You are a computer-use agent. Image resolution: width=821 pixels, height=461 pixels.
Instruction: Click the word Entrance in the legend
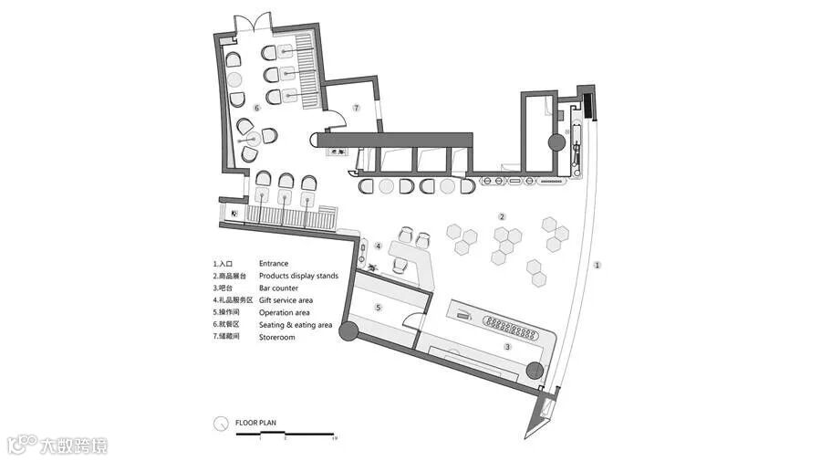pos(274,263)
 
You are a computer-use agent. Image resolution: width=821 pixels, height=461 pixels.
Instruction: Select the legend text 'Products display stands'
pos(298,276)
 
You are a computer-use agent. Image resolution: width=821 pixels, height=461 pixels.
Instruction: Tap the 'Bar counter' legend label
pos(278,288)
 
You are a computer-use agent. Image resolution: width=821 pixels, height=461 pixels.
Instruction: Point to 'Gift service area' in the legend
pos(286,300)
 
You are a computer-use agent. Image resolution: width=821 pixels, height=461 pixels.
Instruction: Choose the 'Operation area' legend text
pos(284,313)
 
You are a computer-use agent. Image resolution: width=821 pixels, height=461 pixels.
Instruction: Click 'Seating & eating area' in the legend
pos(295,325)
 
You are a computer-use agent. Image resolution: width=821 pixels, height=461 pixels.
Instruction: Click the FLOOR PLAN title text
pos(255,424)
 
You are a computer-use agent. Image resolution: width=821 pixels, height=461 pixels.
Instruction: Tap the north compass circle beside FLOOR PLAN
pos(220,424)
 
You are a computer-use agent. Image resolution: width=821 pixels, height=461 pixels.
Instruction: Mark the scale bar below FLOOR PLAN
pos(286,434)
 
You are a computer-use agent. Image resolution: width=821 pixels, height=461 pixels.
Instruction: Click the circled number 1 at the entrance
pos(598,266)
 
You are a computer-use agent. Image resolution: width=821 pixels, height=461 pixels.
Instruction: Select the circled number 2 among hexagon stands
pos(502,216)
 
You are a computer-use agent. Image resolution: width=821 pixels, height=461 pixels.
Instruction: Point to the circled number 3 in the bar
pos(508,347)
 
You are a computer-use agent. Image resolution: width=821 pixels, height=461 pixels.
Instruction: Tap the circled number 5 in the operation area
pos(378,309)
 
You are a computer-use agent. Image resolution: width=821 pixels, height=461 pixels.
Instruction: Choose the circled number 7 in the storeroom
pos(358,108)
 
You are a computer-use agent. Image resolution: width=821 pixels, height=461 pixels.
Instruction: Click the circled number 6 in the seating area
pos(257,108)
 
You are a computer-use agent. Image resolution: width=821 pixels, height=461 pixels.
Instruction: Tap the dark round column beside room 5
pos(348,330)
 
